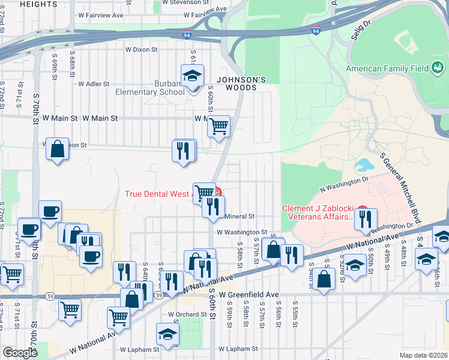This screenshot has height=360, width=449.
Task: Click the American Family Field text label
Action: point(387,69)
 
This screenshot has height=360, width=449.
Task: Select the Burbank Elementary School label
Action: point(151,88)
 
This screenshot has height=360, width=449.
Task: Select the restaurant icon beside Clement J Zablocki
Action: point(365,219)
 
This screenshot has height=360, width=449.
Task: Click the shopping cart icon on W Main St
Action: point(219,126)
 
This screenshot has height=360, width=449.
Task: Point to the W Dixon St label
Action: point(140,50)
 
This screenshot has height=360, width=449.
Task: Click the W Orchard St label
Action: point(187,314)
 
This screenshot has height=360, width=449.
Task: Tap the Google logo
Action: point(20,353)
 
